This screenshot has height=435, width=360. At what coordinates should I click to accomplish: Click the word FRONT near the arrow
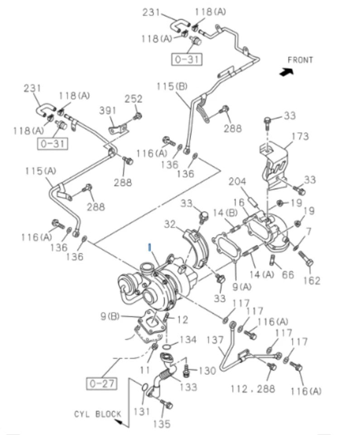(300, 60)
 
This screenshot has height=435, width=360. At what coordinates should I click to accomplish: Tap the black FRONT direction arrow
(286, 72)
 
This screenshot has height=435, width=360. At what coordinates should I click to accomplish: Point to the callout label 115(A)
(41, 171)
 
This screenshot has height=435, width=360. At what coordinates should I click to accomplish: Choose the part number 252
(133, 99)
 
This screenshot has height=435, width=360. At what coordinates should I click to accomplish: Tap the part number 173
(300, 136)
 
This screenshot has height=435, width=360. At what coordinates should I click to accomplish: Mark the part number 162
(312, 280)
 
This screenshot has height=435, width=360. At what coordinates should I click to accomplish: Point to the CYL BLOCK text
(98, 414)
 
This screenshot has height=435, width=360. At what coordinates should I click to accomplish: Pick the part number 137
(215, 340)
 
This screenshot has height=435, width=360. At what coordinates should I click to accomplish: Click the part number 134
(187, 339)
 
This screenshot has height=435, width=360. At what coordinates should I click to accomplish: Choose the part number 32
(169, 223)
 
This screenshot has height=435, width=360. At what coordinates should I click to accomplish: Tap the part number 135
(162, 424)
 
